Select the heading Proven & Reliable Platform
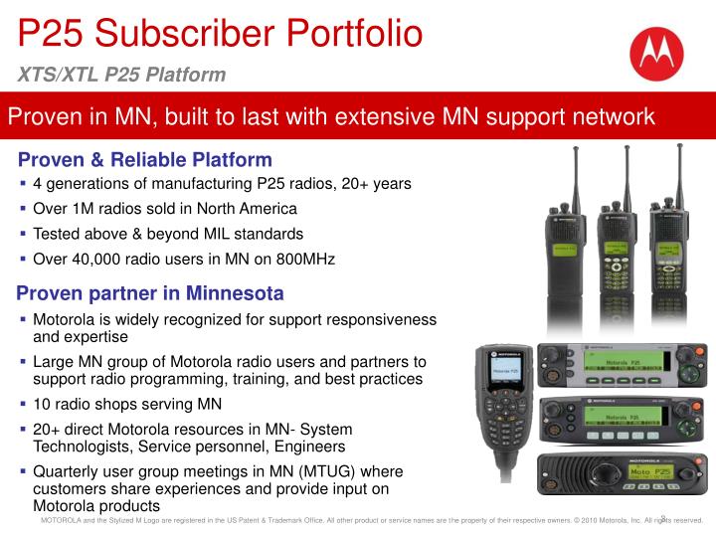145,159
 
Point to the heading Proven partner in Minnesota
151,293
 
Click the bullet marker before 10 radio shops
24,404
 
